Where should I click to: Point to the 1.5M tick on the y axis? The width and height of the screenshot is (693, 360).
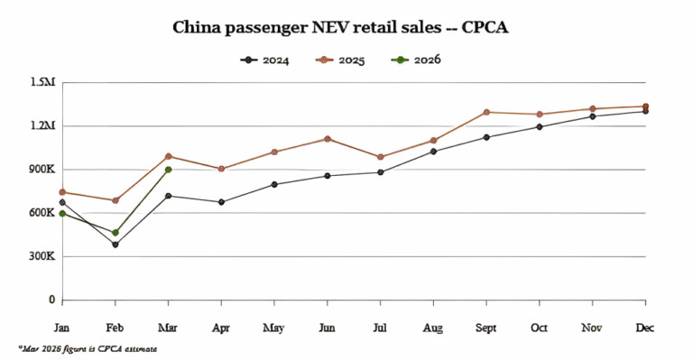tap(42, 83)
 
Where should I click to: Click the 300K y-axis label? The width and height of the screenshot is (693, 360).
tap(41, 257)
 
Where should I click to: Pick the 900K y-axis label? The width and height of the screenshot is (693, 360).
tap(41, 170)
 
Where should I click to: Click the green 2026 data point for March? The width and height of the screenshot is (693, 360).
tap(168, 170)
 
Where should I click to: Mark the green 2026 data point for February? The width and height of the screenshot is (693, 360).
tap(115, 233)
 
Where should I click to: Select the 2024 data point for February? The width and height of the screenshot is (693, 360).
tap(115, 245)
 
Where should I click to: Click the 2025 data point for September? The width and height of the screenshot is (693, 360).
tap(486, 112)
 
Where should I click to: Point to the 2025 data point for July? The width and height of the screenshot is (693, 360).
tap(380, 157)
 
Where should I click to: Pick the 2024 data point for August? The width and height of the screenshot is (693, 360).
tap(433, 152)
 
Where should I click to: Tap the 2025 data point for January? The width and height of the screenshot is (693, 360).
tap(62, 192)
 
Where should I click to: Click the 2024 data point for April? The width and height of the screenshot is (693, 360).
tap(221, 202)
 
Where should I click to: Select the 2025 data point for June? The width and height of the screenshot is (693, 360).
tap(327, 139)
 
